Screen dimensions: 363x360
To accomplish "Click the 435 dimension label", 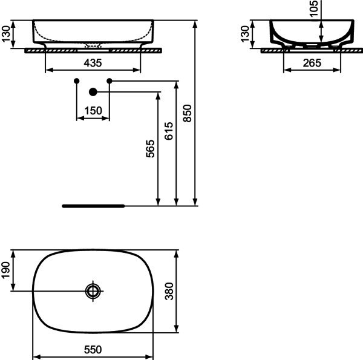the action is click(93, 63).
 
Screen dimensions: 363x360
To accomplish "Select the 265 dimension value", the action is click(312, 63).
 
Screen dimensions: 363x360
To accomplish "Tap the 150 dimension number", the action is click(93, 111).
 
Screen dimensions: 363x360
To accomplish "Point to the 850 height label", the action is click(188, 113).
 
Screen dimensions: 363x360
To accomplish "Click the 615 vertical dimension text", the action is click(169, 131).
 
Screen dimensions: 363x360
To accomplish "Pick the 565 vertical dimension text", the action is click(150, 149).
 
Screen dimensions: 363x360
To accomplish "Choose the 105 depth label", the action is click(313, 8).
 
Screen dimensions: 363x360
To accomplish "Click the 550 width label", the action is click(93, 350).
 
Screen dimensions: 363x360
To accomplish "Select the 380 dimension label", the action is click(169, 291).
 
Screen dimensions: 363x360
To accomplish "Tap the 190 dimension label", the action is click(6, 270).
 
